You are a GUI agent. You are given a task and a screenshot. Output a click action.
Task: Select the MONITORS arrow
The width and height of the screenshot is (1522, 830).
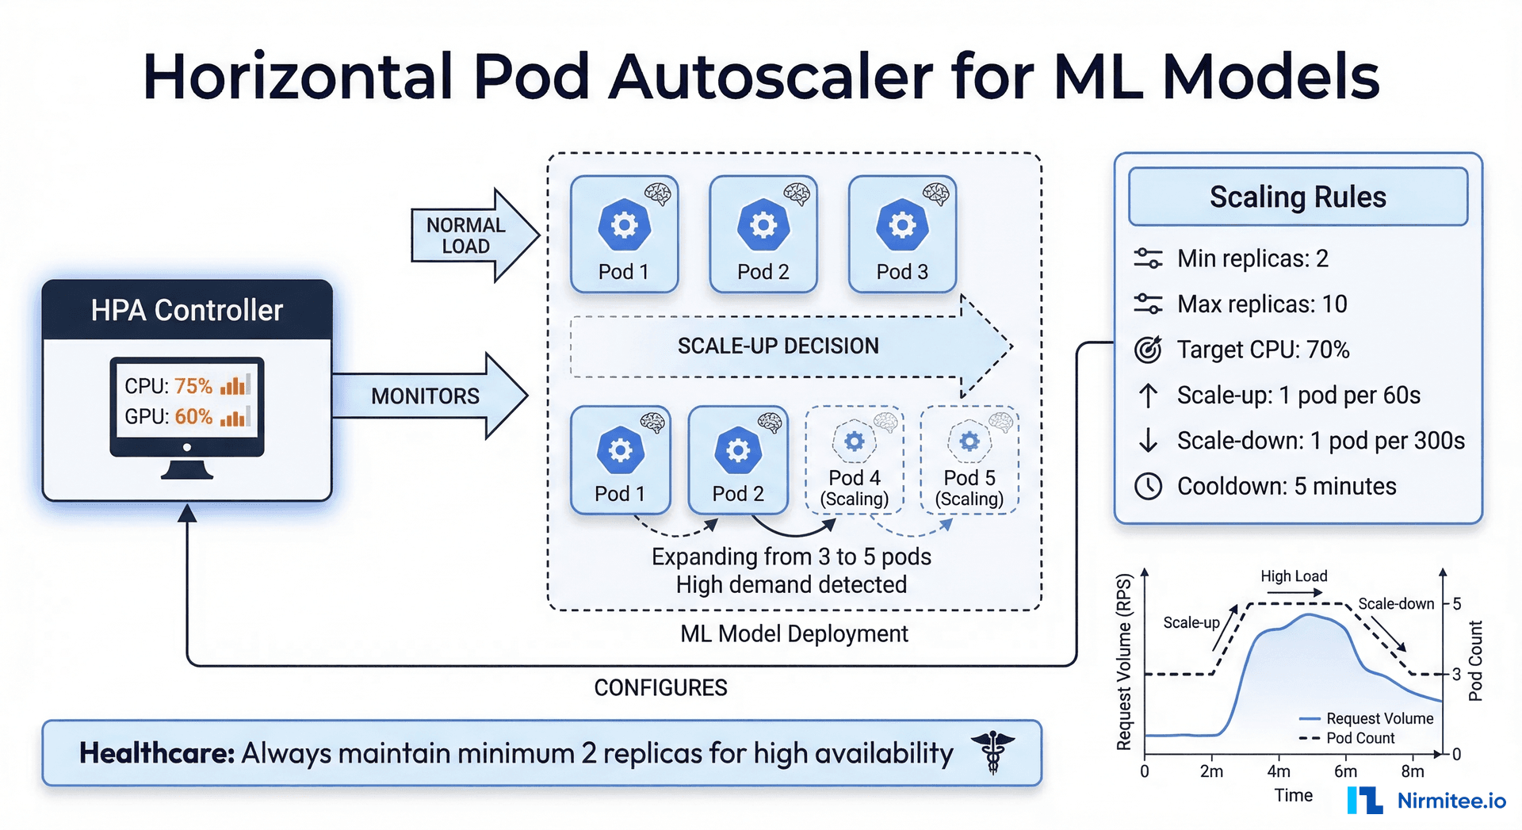point(426,396)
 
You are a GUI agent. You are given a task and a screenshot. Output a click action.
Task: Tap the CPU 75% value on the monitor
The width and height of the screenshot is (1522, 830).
point(193,386)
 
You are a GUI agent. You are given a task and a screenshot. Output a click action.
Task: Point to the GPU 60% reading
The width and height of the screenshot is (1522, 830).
point(193,416)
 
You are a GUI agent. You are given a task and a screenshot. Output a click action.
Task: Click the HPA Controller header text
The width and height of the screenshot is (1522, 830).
point(186,310)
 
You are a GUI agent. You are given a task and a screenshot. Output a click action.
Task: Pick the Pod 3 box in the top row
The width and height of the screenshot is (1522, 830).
point(901,235)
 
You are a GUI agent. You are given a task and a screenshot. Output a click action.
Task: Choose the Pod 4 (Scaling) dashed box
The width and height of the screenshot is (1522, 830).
point(854,461)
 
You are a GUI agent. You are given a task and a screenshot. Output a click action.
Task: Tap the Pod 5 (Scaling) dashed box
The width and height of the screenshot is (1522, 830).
point(969,461)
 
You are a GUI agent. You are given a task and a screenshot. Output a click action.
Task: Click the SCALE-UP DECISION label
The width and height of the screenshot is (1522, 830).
point(778,346)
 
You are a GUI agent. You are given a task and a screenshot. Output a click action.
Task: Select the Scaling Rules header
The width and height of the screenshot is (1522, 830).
point(1298,197)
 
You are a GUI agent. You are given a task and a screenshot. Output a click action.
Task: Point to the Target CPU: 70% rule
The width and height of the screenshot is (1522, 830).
point(1262,350)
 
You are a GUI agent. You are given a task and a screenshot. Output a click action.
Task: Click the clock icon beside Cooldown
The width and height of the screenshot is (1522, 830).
point(1148,486)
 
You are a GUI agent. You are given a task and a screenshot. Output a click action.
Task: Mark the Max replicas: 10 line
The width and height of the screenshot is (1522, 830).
point(1261,304)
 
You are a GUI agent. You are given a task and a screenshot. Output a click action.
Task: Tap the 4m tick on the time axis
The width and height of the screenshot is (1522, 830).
point(1279,771)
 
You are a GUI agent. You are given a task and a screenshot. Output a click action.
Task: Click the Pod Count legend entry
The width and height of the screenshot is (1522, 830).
point(1359,738)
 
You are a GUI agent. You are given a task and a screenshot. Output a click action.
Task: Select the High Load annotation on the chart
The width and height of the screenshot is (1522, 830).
point(1294,576)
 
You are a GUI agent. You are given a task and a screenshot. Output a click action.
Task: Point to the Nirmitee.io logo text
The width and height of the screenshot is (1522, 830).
point(1451,801)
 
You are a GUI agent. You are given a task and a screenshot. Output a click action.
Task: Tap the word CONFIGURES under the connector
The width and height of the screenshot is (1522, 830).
point(660,687)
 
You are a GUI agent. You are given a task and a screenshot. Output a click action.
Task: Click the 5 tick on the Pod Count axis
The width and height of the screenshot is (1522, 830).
point(1456,604)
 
